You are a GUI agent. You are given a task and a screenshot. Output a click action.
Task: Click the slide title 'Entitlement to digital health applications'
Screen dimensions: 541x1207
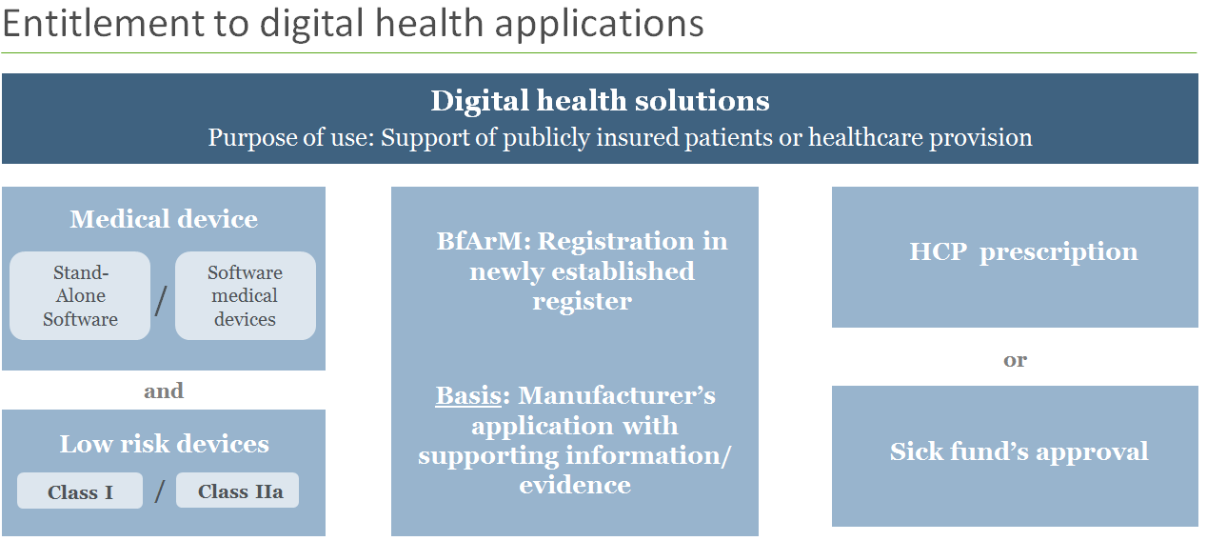(x=352, y=24)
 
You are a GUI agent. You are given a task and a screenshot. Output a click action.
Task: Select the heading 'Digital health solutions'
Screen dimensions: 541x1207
(x=600, y=101)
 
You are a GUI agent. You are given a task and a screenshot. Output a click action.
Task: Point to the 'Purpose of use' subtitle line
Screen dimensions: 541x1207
(x=620, y=137)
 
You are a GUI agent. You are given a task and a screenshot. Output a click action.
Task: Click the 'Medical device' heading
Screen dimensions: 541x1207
(x=164, y=219)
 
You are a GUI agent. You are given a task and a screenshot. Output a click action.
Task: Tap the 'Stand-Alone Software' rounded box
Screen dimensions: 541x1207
(x=80, y=296)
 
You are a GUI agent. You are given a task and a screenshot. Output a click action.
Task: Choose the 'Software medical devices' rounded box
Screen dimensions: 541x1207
(x=245, y=296)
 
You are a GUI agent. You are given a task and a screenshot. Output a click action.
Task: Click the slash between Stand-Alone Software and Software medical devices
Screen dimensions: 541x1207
(x=161, y=300)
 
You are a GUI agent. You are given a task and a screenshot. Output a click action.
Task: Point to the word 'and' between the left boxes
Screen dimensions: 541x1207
(x=164, y=391)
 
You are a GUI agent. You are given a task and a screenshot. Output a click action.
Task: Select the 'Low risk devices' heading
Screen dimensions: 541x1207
(x=164, y=444)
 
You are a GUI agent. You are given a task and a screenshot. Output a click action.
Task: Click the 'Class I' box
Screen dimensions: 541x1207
(x=80, y=491)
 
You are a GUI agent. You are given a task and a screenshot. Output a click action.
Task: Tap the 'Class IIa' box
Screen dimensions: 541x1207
(x=238, y=491)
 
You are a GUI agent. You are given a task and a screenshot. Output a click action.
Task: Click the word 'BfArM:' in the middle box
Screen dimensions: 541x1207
(x=484, y=241)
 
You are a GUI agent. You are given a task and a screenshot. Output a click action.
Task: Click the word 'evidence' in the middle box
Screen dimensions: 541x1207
(x=575, y=485)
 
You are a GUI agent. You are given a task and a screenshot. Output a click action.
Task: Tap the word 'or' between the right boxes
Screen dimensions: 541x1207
(x=1015, y=360)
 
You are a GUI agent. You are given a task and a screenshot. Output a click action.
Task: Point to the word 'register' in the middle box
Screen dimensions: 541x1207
(x=582, y=302)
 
